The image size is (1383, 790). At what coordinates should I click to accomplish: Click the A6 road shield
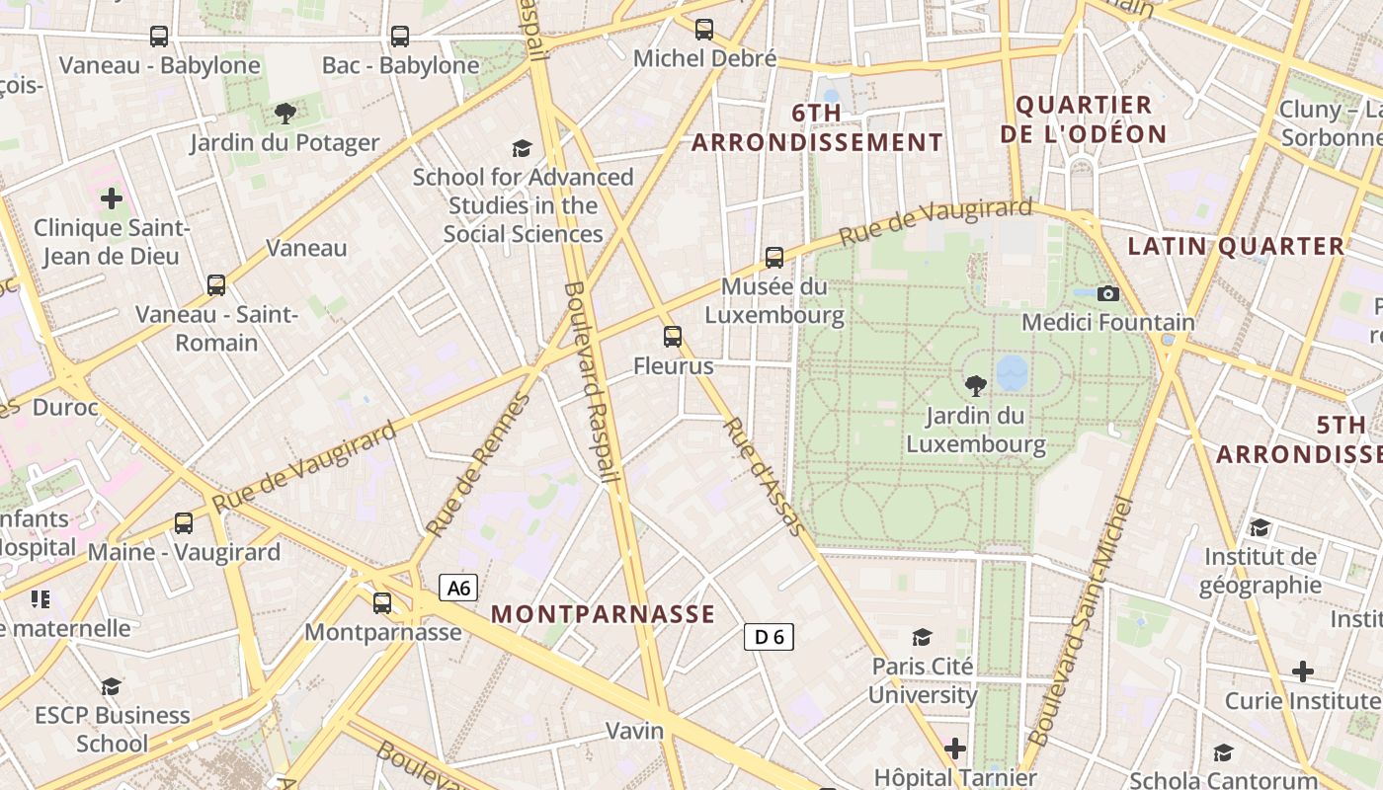pos(458,589)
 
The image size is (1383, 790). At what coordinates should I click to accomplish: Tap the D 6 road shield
pos(769,637)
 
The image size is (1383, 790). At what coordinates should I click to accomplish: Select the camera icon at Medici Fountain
pos(1108,293)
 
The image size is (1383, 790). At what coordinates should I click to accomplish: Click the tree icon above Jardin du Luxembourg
pos(976,385)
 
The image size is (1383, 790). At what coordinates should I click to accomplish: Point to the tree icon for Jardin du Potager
pos(285,114)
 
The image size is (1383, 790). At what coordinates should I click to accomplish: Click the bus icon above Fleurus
pos(673,337)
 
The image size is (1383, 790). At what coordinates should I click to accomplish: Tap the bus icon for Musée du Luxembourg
pos(774,258)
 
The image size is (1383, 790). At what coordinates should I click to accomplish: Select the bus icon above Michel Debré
pos(704,30)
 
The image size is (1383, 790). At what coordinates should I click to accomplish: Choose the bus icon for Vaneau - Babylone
pos(159,37)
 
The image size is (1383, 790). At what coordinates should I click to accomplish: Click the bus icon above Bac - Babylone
pos(400,37)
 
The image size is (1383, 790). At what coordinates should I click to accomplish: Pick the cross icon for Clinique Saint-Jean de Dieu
pos(112,198)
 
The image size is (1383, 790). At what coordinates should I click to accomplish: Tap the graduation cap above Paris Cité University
pos(923,637)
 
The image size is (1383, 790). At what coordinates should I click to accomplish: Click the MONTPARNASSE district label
pos(603,614)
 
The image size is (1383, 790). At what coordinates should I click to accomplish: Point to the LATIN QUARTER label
pos(1236,247)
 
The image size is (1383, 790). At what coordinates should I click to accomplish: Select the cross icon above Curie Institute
pos(1303,671)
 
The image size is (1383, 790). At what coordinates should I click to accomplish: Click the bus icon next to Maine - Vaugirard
pos(184,523)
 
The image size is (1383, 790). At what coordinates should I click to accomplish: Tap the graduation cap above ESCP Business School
pos(112,685)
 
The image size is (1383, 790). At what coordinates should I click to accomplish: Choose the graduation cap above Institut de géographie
pos(1260,527)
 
